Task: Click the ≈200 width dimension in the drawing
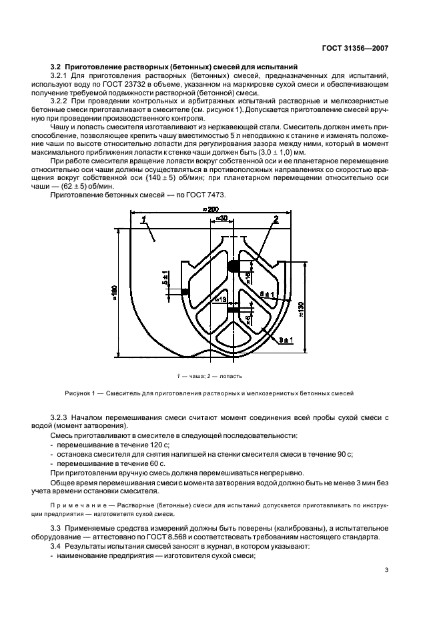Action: click(x=213, y=209)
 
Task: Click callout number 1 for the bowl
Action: click(x=142, y=218)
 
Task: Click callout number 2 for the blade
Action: click(x=275, y=218)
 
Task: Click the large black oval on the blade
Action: click(x=234, y=266)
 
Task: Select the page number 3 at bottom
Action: click(x=386, y=569)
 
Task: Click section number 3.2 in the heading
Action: click(x=57, y=67)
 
